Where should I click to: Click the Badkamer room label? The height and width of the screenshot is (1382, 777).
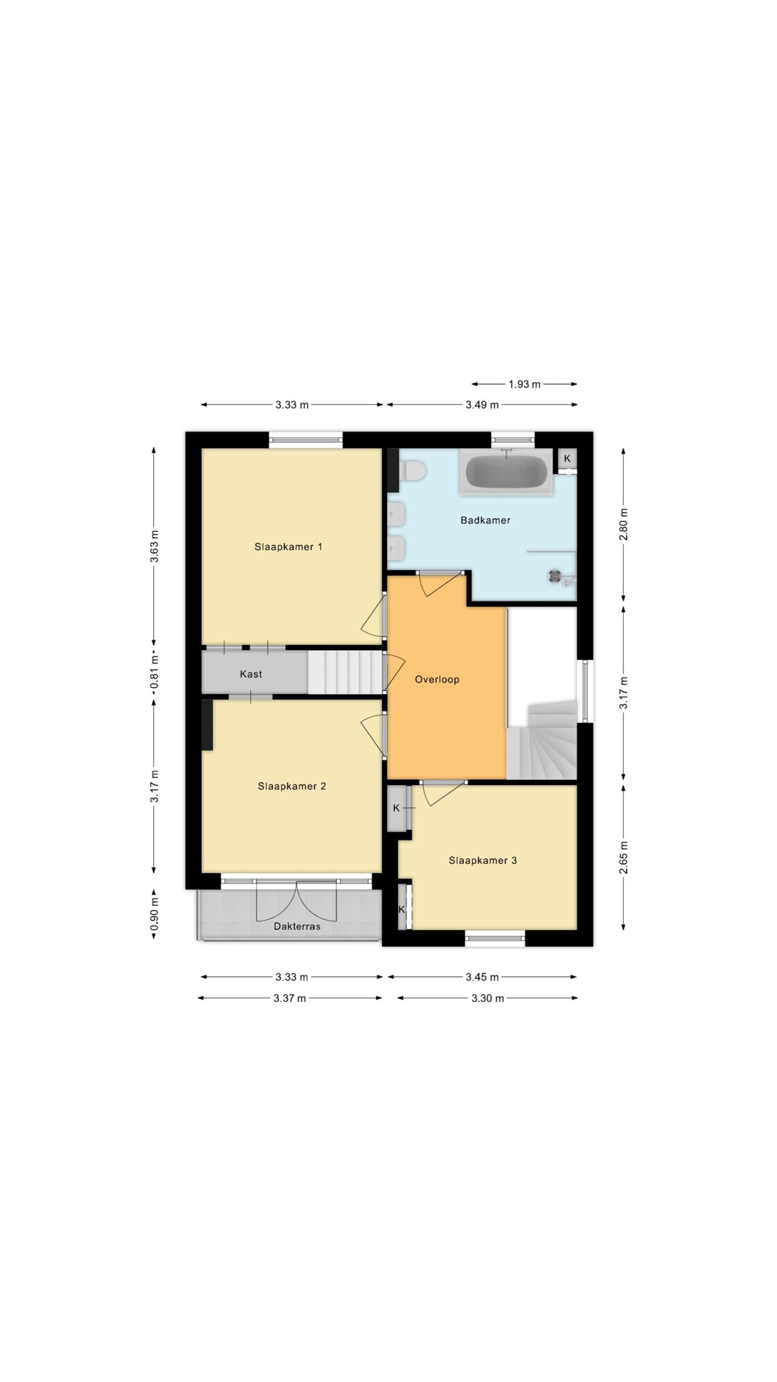click(485, 520)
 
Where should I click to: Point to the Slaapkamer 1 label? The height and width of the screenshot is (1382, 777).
click(288, 547)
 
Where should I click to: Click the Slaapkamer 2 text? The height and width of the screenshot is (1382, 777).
click(291, 786)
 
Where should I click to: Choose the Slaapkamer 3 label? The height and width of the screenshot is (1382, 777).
click(482, 860)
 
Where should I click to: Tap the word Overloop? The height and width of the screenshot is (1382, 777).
click(437, 680)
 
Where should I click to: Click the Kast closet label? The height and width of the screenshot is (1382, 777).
click(251, 674)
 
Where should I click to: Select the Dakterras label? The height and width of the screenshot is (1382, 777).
click(297, 926)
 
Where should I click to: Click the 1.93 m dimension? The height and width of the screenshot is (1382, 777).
click(524, 384)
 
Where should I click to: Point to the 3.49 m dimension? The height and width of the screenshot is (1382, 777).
click(482, 404)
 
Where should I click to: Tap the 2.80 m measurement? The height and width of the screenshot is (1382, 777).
click(624, 524)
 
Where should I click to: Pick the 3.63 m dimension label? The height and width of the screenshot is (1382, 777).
click(154, 546)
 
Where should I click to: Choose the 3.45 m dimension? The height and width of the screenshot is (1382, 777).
click(482, 977)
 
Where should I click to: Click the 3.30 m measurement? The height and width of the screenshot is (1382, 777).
click(487, 998)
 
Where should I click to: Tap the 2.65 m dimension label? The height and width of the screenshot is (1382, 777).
click(624, 857)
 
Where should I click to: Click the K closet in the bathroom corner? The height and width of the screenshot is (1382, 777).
click(567, 459)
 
